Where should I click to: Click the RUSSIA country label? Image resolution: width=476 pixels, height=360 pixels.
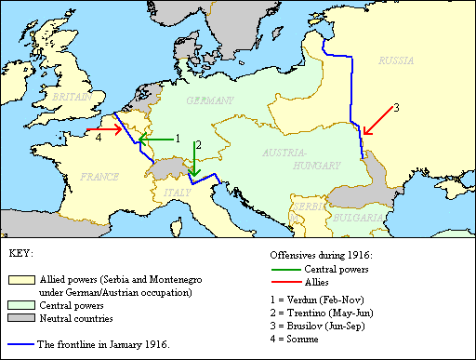[399, 60]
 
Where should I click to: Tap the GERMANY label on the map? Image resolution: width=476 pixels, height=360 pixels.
[209, 100]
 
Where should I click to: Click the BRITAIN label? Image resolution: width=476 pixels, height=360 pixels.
[71, 97]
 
